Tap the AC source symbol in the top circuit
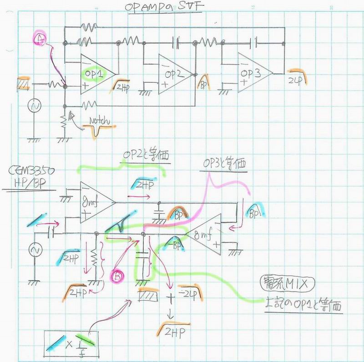(34, 106)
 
